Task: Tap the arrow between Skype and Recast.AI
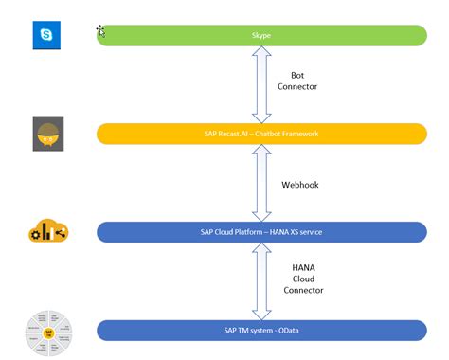tap(261, 84)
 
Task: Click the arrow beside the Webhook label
tap(261, 183)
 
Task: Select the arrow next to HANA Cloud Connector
tap(261, 281)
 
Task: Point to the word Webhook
tap(300, 185)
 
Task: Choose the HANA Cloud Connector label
tap(302, 279)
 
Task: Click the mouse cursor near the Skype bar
tap(100, 31)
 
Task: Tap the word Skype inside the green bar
tap(261, 35)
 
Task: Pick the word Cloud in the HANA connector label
tap(302, 279)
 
